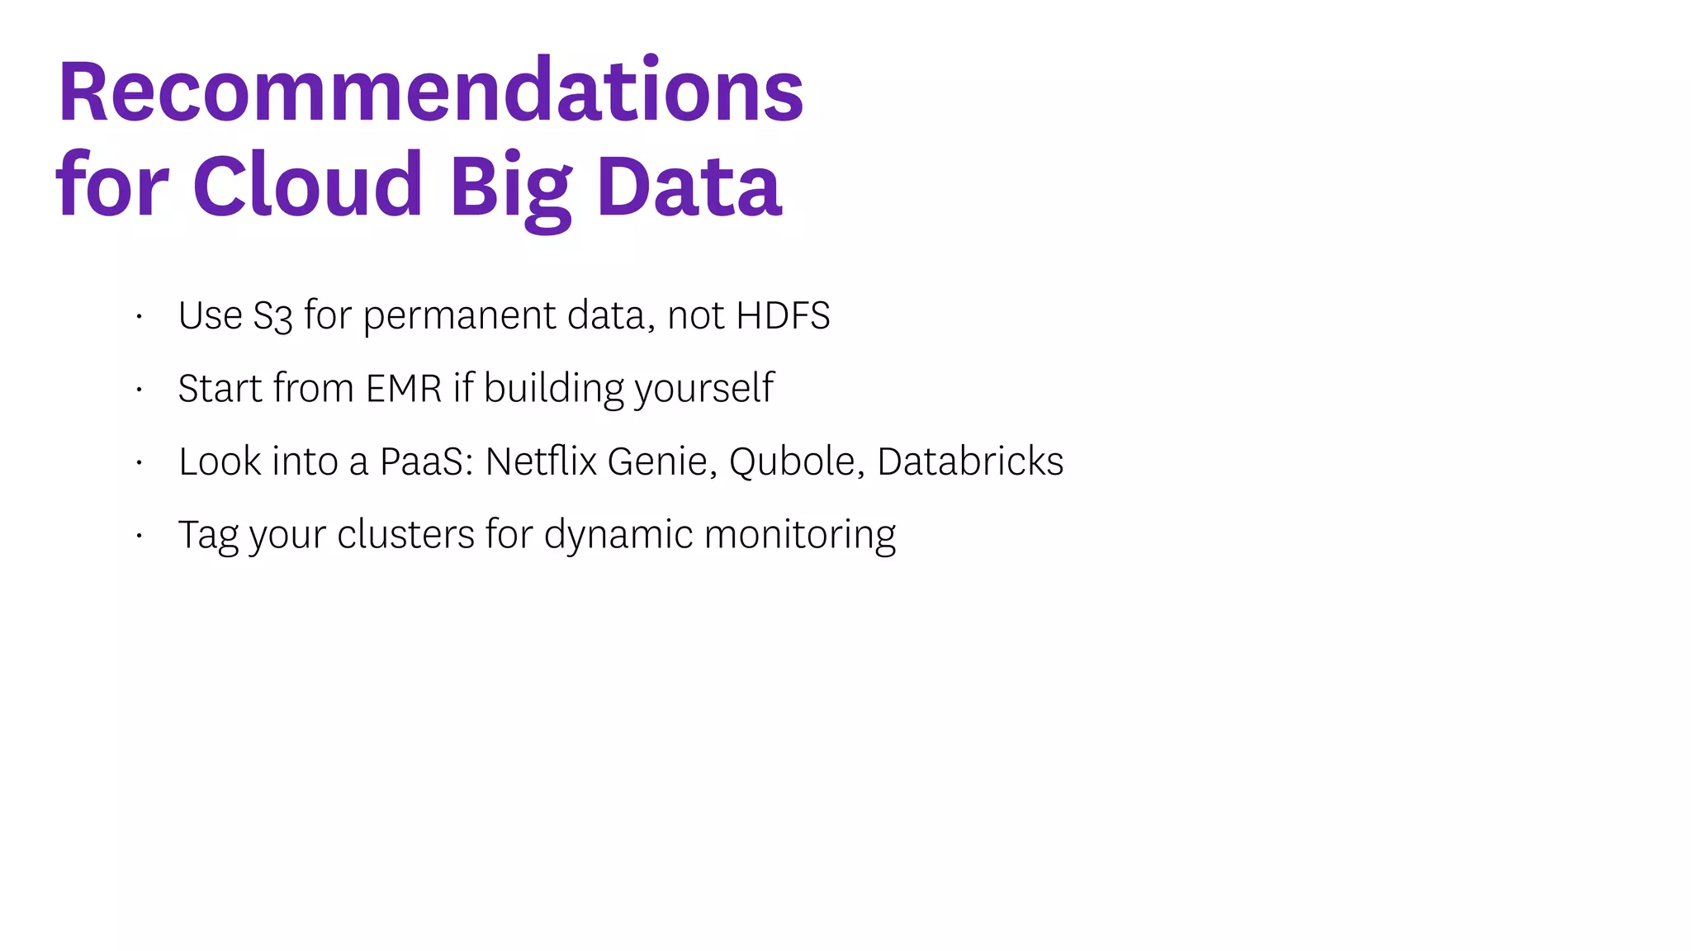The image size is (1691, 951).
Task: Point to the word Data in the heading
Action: [689, 187]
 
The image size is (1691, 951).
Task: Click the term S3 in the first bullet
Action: [272, 316]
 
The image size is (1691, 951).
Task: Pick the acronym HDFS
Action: [783, 315]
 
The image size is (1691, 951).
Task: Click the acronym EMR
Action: [404, 388]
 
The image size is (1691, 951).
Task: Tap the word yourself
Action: [704, 389]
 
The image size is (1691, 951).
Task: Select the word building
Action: [554, 388]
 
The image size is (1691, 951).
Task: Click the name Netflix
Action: [541, 461]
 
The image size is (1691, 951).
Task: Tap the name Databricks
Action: [970, 461]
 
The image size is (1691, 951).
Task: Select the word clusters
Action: [405, 534]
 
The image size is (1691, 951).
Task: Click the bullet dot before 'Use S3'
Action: [140, 316]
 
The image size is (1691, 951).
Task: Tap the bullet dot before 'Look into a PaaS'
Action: [140, 462]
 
